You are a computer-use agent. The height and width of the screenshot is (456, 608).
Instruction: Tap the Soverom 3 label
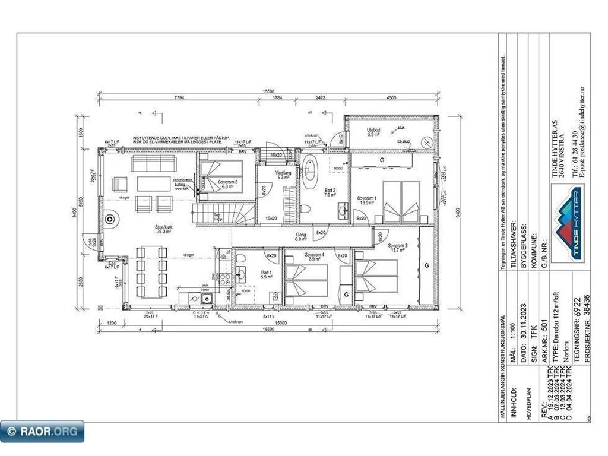227,183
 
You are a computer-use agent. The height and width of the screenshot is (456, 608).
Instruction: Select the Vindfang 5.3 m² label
281,175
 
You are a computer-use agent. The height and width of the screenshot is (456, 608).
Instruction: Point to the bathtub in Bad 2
310,172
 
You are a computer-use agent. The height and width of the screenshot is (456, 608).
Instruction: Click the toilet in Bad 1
241,258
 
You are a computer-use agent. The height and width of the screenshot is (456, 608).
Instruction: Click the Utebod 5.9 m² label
373,132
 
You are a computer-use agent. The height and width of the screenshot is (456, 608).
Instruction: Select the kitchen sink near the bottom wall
206,299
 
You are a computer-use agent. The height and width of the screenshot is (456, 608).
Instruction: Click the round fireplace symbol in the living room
110,220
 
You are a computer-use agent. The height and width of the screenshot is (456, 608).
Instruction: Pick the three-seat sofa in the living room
153,163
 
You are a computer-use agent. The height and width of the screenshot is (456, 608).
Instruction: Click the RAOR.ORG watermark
42,432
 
